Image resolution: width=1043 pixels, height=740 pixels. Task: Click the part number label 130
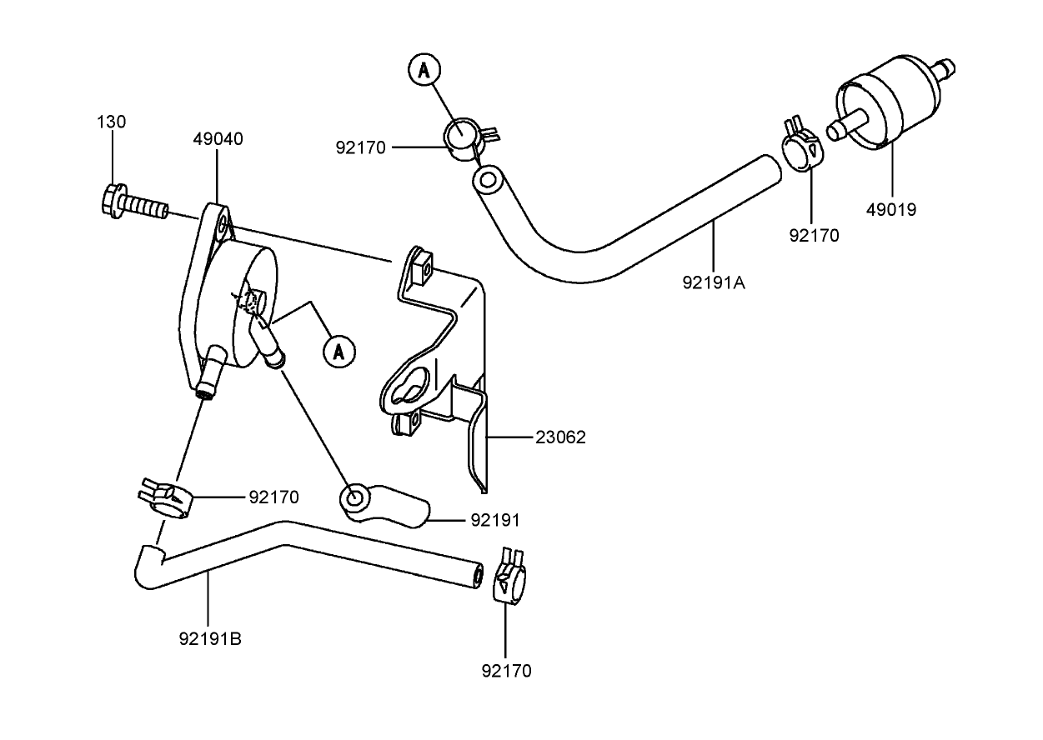tap(111, 122)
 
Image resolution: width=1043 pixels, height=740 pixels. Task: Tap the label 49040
tap(218, 139)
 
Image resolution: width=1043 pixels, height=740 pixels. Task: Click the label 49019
tap(890, 210)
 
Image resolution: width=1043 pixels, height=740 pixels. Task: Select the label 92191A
tap(714, 282)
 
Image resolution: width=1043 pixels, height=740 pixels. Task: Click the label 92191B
tap(210, 639)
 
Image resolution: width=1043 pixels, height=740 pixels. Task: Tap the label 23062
tap(560, 437)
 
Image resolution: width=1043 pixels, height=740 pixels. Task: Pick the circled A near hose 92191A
tap(424, 71)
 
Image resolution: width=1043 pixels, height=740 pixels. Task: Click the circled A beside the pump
tap(338, 351)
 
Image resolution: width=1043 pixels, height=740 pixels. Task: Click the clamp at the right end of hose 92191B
tap(509, 577)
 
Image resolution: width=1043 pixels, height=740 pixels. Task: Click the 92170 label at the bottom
tap(506, 671)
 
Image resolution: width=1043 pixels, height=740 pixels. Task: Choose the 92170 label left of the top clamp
tap(360, 148)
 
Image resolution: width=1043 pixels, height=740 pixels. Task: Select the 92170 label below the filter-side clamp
tap(814, 235)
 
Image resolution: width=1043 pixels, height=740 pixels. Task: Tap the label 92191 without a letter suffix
tap(494, 520)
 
